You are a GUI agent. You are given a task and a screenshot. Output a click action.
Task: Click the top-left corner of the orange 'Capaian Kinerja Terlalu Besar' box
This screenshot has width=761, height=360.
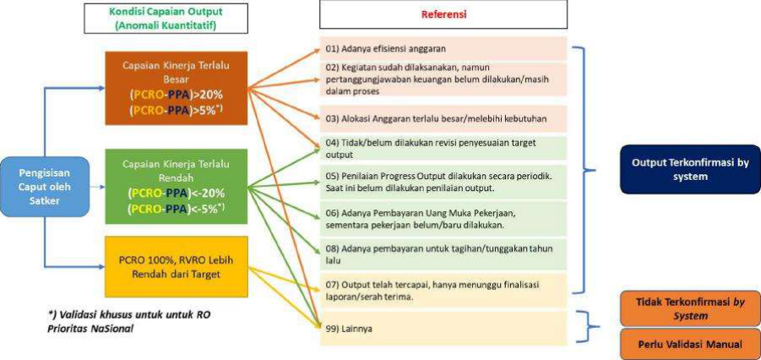point(106,52)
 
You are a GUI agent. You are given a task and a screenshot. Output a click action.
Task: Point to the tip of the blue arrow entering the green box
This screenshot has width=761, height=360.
point(105,187)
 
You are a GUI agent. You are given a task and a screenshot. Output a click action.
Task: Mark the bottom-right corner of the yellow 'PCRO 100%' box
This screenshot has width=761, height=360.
point(248,297)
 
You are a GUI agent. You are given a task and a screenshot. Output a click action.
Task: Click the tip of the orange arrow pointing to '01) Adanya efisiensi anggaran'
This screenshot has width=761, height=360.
point(320,48)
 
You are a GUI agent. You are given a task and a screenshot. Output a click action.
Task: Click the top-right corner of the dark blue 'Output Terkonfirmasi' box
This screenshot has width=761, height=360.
point(760,145)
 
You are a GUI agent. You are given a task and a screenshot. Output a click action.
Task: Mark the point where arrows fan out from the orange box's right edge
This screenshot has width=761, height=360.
point(248,89)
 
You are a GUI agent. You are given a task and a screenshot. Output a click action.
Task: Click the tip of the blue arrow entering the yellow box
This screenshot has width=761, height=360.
point(105,267)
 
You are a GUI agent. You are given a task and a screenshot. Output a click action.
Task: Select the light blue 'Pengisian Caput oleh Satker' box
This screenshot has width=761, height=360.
point(45,186)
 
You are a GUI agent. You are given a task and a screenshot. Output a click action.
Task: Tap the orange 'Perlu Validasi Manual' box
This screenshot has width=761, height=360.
point(690,344)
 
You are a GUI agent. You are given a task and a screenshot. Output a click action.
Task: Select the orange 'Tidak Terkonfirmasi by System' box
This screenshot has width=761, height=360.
point(690,308)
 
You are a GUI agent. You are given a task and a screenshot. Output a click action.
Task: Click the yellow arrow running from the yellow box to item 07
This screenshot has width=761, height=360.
point(284,279)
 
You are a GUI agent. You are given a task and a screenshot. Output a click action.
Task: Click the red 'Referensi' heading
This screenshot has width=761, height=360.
point(443,14)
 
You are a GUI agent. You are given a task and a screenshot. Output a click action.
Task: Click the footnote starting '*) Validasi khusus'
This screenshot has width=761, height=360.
point(129,320)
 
